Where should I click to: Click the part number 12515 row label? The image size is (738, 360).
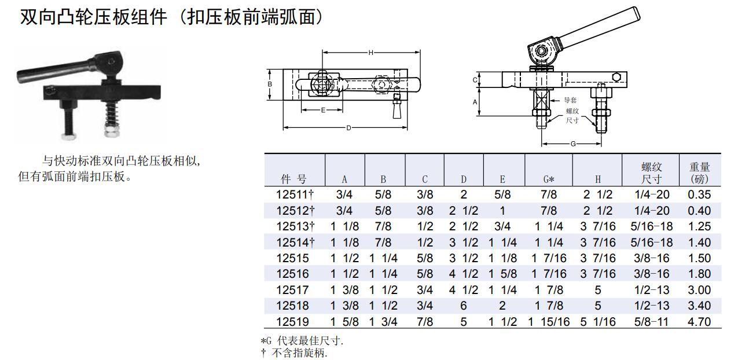coord(292,258)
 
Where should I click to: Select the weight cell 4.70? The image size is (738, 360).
coord(699,321)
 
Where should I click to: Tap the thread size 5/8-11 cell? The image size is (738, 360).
coord(651,321)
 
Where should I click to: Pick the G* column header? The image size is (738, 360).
coord(549,179)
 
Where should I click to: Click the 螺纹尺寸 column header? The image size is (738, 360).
coord(651,173)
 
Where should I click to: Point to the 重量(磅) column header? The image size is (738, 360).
coord(699,173)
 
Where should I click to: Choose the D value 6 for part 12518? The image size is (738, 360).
coord(464,306)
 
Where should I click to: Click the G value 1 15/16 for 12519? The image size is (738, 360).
coord(549,321)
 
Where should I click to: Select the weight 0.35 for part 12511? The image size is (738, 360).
coord(699,194)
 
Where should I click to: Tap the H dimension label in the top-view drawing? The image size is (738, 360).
coord(370,53)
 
